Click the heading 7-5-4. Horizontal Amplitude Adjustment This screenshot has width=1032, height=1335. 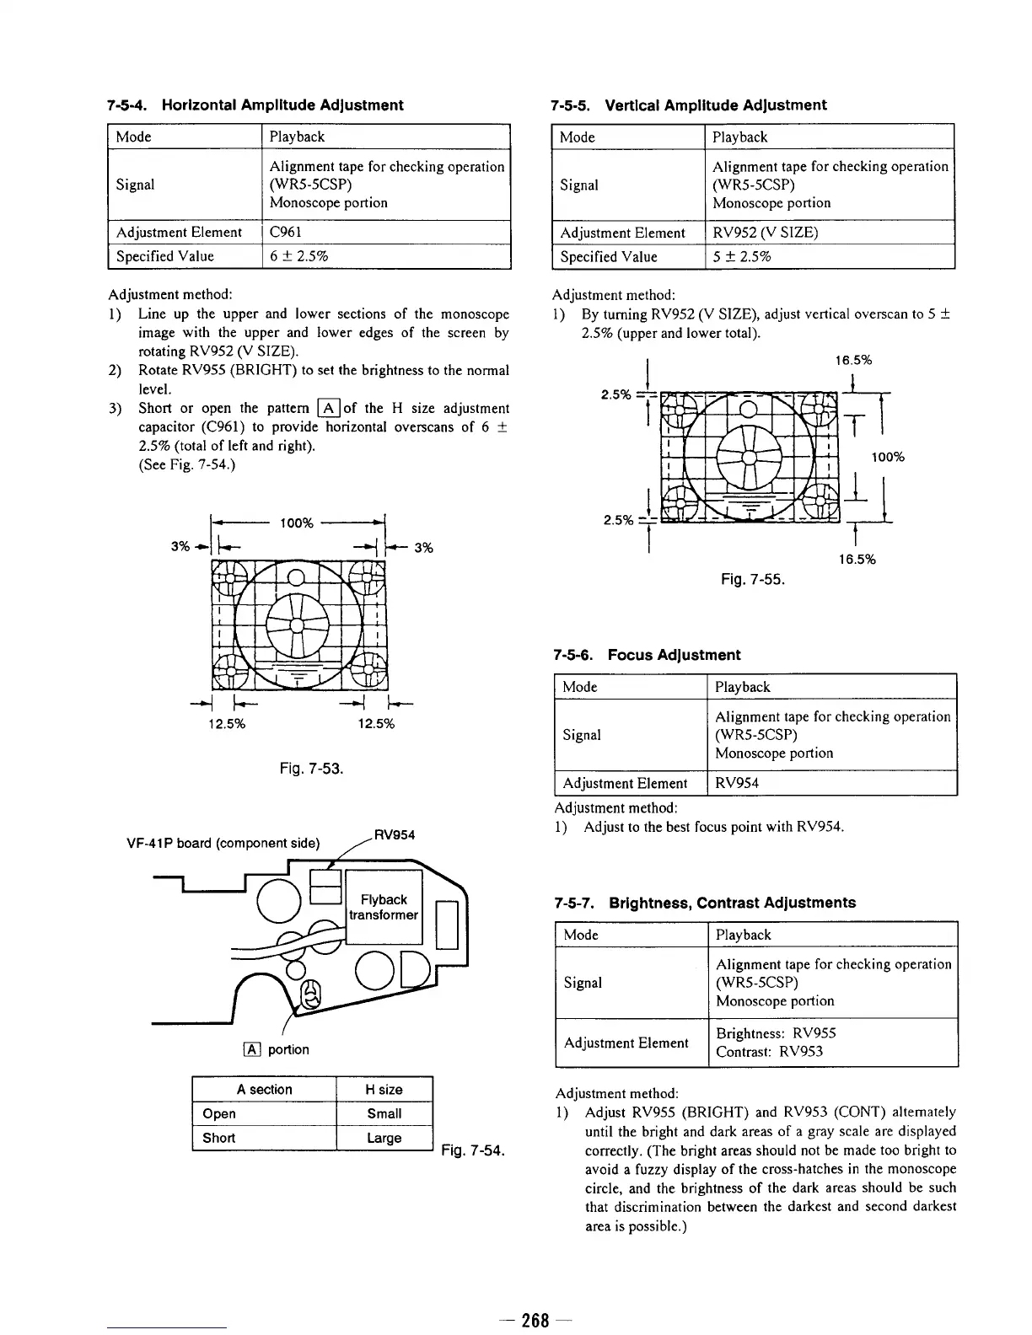pos(255,105)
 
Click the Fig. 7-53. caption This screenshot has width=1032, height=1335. pos(311,769)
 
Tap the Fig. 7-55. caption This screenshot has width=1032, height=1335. pos(753,580)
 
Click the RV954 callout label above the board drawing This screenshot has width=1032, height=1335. pos(394,835)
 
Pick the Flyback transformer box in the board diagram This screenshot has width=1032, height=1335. pos(384,908)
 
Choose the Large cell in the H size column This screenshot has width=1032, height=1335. pos(384,1139)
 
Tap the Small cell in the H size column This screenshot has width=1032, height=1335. pos(384,1114)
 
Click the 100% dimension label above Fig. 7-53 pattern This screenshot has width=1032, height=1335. pos(296,523)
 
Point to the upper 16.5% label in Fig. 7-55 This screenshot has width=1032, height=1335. pos(853,361)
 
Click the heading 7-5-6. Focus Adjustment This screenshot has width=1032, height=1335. pos(647,655)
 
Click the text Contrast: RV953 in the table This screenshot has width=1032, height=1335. pos(769,1052)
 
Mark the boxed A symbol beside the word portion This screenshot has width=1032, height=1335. pos(251,1049)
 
